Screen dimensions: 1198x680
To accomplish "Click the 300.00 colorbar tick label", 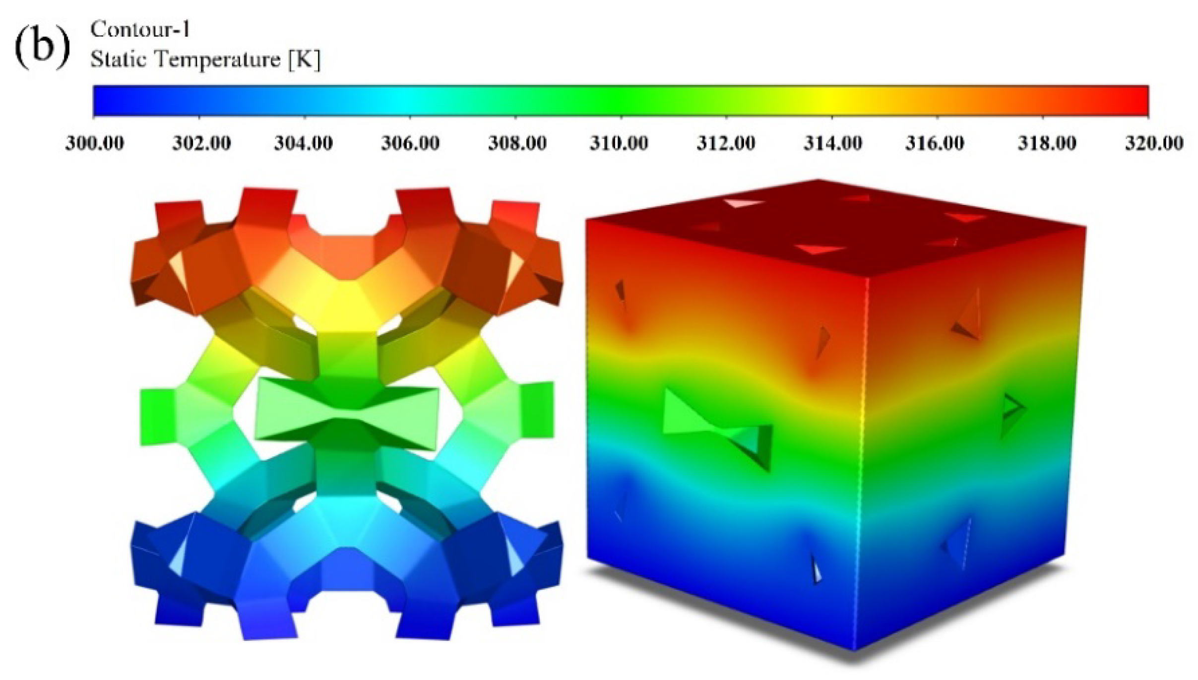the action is tap(95, 143).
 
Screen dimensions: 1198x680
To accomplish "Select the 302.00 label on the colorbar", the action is tap(201, 143).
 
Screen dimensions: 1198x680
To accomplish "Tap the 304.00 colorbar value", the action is tap(304, 143).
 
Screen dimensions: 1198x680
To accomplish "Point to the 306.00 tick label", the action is tap(410, 143).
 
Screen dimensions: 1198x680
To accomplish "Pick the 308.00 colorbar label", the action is tap(517, 143).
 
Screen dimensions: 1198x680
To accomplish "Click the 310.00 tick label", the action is tap(619, 143).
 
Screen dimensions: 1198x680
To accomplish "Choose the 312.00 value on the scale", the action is tap(726, 143).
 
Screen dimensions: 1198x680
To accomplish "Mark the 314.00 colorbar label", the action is tap(833, 143).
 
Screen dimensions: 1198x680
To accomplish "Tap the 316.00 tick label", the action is tap(935, 143).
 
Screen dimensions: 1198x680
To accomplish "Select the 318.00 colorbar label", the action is tap(1047, 143).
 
